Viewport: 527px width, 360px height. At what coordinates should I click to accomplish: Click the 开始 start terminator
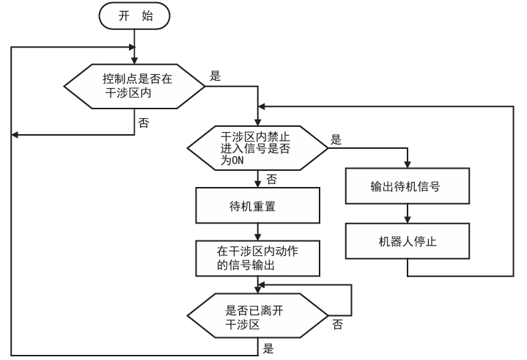(x=134, y=16)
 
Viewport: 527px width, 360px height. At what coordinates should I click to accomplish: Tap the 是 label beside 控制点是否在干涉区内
(x=215, y=75)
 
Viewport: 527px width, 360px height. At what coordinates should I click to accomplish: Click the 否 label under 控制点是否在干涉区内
(x=144, y=122)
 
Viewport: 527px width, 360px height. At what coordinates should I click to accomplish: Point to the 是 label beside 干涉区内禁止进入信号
(x=336, y=139)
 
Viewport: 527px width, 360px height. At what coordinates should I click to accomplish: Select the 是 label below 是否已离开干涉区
(x=268, y=350)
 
